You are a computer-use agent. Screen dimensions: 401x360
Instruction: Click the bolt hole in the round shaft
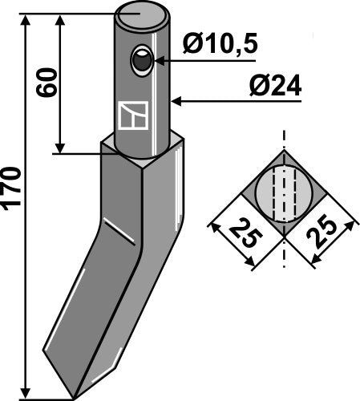(x=142, y=60)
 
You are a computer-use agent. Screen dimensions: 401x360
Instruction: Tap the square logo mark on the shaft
(x=129, y=116)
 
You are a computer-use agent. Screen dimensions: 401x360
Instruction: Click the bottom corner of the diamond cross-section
(x=285, y=237)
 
